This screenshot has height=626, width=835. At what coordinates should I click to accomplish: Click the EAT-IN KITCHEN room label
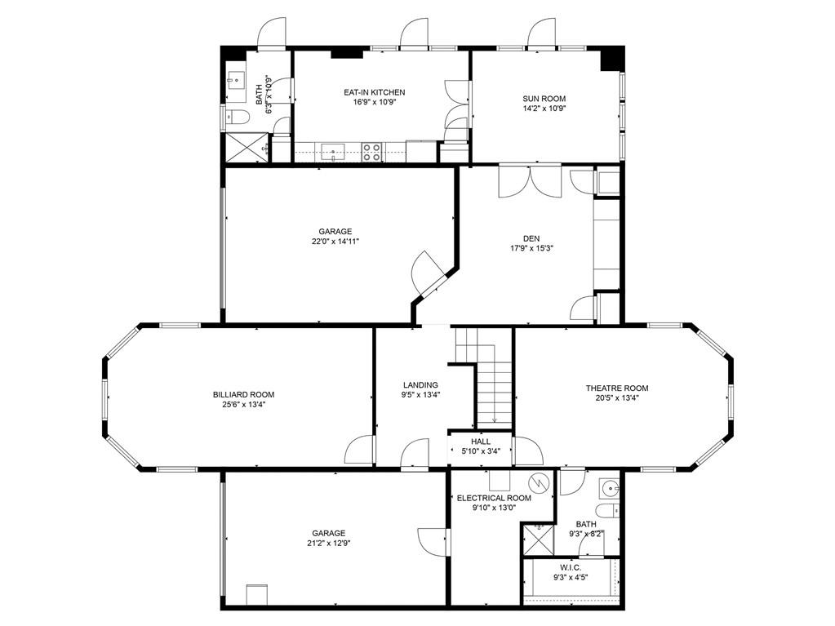pos(375,92)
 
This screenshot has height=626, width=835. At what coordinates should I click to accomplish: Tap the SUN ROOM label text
pos(544,99)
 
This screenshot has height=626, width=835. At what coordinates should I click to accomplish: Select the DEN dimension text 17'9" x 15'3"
pos(532,247)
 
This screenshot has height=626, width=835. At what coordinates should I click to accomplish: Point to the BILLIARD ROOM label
pos(243,394)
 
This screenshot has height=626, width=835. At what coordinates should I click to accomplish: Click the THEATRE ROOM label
pos(617,388)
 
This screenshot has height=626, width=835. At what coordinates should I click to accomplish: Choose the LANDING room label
pos(420,385)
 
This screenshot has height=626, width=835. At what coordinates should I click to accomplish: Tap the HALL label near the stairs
pos(481,442)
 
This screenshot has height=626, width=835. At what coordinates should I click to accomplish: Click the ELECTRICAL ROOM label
pos(494,498)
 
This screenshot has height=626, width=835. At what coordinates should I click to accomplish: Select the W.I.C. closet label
pos(571,567)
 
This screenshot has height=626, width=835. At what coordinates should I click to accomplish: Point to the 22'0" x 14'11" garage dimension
pos(335,241)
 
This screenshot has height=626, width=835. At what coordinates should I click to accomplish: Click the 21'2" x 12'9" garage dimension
pos(329,543)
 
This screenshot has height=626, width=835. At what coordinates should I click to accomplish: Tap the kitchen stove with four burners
pos(371,153)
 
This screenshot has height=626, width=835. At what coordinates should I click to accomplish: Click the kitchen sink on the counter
pos(333,152)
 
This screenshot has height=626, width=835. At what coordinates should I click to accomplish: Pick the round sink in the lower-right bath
pos(609,487)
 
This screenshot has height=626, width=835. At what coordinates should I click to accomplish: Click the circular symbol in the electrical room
pos(539,483)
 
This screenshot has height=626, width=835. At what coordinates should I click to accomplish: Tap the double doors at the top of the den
pos(530,182)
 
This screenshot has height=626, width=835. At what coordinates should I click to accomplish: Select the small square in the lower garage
pos(256,595)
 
